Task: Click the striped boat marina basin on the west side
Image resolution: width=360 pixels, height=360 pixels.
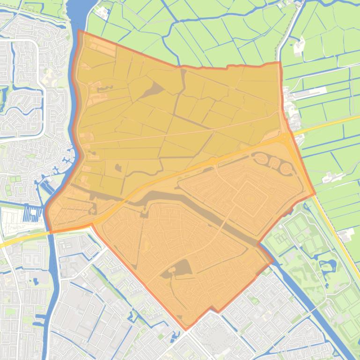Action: tap(33, 215)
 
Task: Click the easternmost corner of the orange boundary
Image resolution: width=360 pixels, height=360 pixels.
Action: tap(315, 193)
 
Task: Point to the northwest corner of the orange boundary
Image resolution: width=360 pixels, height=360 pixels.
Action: tap(79, 31)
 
